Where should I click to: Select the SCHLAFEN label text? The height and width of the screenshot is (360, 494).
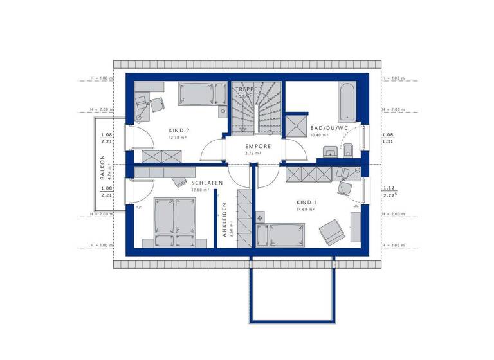point(207,183)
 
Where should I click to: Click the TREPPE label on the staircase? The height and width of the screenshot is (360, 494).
point(248,89)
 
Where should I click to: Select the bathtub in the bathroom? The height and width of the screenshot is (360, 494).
point(345,101)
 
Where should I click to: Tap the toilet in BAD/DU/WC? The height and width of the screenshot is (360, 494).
point(346,152)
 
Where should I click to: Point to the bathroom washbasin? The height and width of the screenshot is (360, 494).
point(328,152)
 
